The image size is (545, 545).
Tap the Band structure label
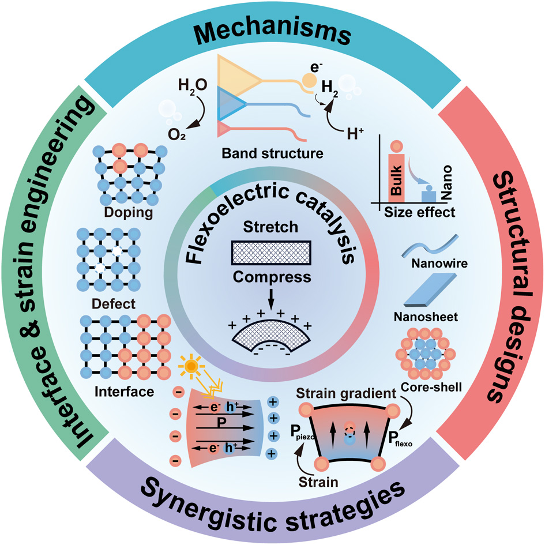(270, 154)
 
